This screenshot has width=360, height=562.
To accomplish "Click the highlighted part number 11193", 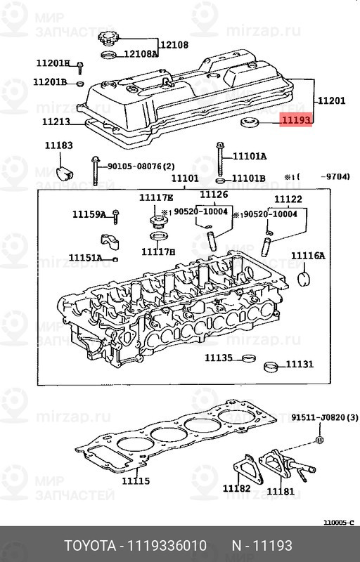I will [295, 122].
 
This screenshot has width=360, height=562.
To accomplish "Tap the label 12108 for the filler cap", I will [174, 45].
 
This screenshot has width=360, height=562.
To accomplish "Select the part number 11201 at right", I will [331, 101].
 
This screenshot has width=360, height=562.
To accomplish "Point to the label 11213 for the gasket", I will [56, 122].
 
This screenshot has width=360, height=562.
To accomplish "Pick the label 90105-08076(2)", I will [140, 166].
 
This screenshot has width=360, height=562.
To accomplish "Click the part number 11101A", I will [250, 156].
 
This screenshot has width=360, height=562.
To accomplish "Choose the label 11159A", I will [89, 214].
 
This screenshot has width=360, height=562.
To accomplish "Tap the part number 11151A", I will [85, 259].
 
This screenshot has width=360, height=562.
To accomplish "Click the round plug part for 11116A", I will [304, 280].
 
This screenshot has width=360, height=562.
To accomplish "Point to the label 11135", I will [219, 358].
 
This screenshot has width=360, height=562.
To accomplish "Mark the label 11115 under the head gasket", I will [136, 481].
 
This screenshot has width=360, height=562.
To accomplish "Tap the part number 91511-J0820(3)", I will [325, 417].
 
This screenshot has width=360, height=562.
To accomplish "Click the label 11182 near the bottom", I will [236, 488].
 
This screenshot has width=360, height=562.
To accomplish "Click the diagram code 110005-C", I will [339, 522].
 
